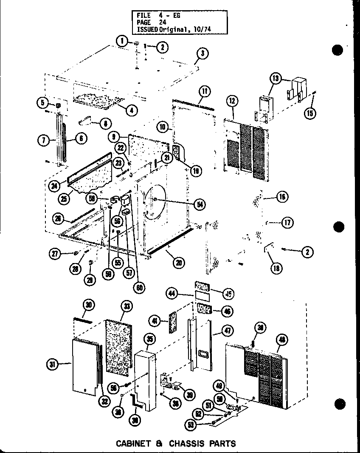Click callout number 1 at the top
(x=121, y=41)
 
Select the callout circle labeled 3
(x=202, y=54)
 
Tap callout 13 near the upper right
(x=276, y=78)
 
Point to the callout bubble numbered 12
(x=232, y=101)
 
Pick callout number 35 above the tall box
(x=149, y=339)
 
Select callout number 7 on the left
(x=44, y=140)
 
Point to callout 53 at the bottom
(x=192, y=425)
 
